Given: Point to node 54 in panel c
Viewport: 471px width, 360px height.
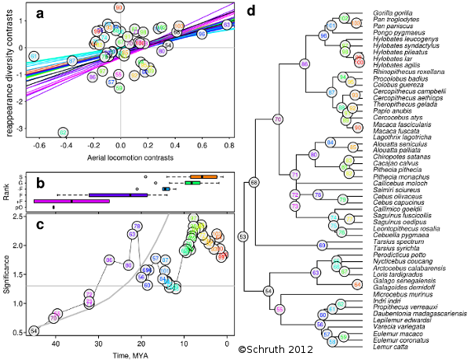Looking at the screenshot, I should coord(34,330).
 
